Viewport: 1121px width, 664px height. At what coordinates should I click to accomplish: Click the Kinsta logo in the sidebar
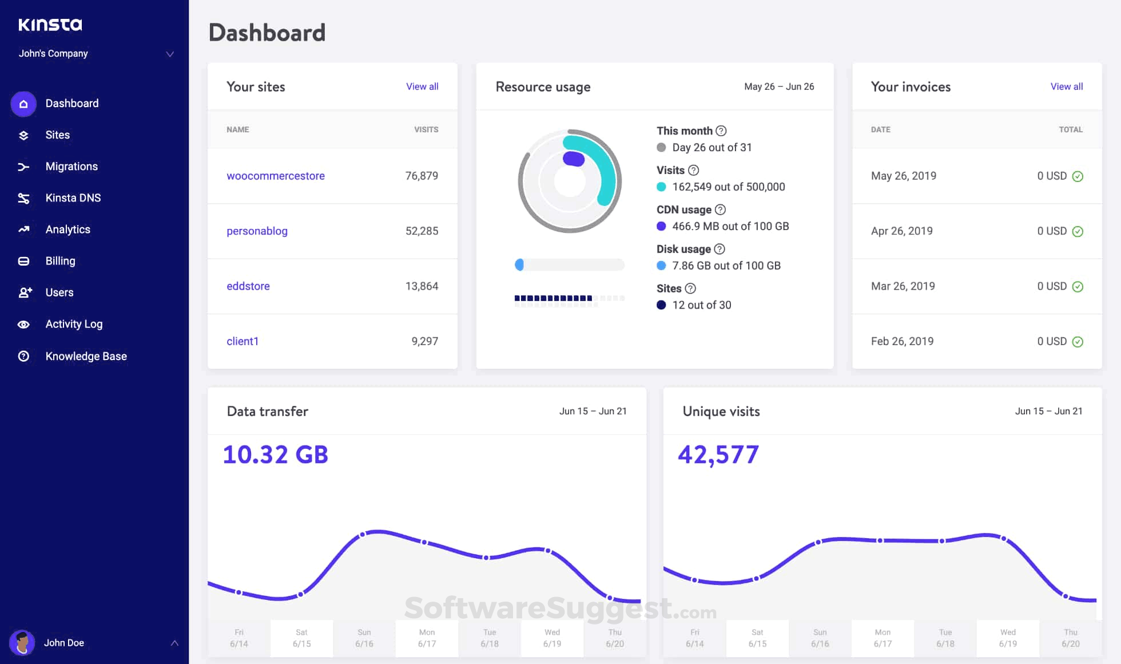click(50, 25)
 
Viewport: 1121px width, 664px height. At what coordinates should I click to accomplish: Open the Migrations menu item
click(71, 167)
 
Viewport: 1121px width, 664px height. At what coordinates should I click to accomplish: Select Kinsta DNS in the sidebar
click(73, 198)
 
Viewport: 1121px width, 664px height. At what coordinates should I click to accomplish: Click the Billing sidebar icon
click(23, 261)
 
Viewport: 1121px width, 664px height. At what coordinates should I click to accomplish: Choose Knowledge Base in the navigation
click(86, 356)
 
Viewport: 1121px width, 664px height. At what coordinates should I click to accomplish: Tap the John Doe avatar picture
click(22, 642)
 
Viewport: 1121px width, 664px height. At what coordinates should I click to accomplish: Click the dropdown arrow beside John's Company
click(170, 54)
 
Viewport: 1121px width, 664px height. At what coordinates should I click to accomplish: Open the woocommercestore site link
click(275, 176)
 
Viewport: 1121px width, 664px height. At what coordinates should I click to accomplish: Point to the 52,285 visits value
click(422, 231)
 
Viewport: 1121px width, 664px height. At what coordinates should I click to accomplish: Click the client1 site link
click(243, 341)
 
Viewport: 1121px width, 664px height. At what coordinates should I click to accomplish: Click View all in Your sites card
click(422, 86)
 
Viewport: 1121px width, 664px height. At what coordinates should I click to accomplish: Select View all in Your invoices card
click(1066, 86)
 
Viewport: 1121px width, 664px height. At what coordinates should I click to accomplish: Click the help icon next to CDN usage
click(720, 210)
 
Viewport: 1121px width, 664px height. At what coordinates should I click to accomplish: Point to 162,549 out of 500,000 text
click(728, 187)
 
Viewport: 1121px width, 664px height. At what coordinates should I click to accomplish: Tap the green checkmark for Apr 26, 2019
click(1078, 231)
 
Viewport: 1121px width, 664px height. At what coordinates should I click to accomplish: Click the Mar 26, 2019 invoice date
click(903, 286)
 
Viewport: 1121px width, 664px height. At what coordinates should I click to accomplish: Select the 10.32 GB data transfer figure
click(275, 455)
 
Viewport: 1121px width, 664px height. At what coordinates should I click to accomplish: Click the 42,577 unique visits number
click(718, 455)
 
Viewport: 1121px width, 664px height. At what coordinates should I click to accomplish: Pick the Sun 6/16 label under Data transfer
click(364, 638)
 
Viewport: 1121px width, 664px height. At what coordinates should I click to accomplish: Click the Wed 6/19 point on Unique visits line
click(1004, 539)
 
